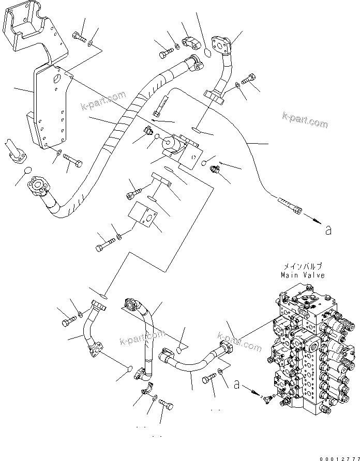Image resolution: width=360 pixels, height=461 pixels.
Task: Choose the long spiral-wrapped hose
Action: (119, 134)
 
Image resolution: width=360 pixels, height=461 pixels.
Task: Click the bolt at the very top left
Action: (78, 36)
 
